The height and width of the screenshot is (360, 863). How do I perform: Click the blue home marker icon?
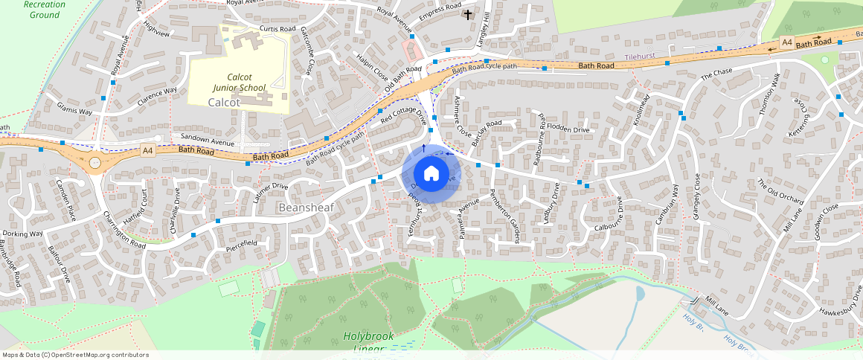431,174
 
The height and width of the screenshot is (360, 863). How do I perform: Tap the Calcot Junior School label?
236,82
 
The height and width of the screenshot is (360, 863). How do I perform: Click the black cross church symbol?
468,14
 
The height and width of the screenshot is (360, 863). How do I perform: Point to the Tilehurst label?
641,57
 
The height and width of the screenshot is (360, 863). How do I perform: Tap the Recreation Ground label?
44,9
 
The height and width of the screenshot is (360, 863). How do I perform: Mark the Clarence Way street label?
156,97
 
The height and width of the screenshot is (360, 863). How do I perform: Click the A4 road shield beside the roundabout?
147,150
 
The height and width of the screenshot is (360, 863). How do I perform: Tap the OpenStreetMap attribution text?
75,355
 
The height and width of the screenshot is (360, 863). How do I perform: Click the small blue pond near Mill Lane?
641,294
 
